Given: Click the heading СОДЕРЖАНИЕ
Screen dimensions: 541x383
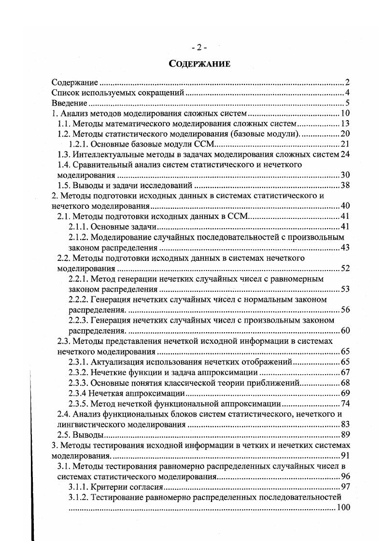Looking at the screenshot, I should coord(199,63).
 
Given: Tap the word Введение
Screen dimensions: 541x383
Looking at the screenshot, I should coord(69,103).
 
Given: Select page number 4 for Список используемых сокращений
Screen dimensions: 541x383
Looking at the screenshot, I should coord(347,93).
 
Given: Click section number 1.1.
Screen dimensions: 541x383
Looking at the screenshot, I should coord(64,124).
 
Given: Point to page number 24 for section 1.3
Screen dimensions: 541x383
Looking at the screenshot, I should coord(345,154).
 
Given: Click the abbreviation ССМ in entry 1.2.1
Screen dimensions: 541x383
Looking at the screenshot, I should coord(210,144).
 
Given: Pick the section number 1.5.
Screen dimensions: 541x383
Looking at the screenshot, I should coord(64,185).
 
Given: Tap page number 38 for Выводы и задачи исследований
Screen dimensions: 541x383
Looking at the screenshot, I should coord(345,185).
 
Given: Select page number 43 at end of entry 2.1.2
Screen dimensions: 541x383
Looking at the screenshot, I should coord(345,248).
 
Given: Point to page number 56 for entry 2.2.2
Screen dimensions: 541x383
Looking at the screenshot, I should coord(345,310).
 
